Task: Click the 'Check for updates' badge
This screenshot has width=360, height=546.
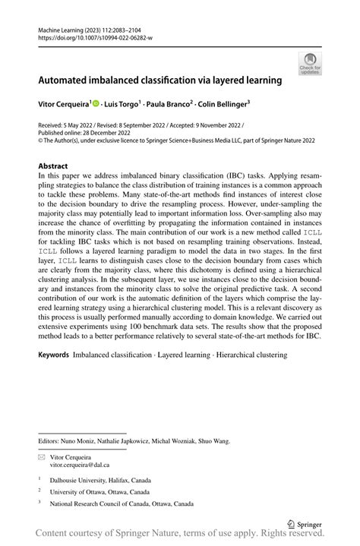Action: point(310,63)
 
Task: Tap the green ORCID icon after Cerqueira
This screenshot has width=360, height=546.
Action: point(96,103)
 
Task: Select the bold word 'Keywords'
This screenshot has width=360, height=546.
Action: point(53,355)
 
